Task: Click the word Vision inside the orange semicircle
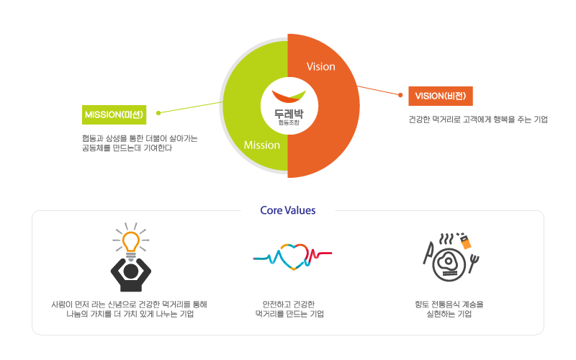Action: [320, 66]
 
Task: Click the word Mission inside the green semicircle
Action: [261, 145]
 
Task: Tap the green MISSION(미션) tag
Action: [114, 114]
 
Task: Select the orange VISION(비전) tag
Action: [440, 96]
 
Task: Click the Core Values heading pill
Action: [288, 211]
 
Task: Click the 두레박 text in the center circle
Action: [288, 113]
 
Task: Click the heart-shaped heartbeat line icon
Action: [291, 256]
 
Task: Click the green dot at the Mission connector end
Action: [158, 112]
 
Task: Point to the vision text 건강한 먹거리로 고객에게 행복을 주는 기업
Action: [477, 120]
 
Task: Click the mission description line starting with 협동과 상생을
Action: [140, 138]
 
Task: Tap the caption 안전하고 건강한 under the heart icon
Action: [289, 304]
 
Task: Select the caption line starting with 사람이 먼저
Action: [130, 304]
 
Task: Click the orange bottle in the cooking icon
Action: [466, 241]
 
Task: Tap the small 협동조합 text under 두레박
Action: [288, 122]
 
